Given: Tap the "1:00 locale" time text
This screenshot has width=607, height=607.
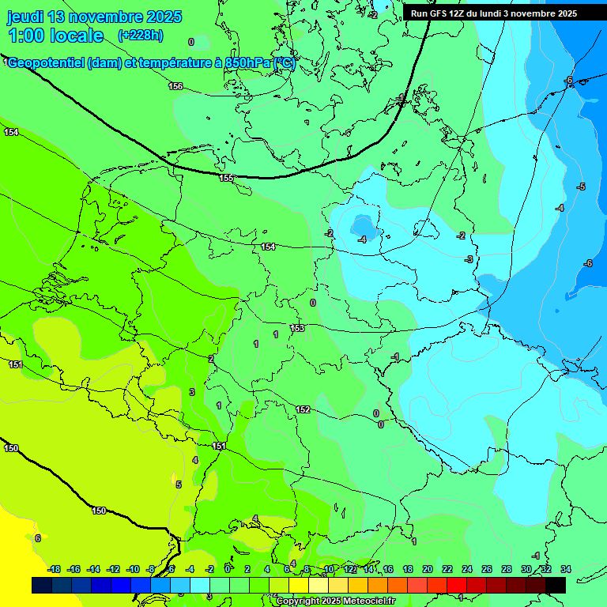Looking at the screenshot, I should (x=56, y=36).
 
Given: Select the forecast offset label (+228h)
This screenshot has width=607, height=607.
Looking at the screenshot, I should (x=140, y=36).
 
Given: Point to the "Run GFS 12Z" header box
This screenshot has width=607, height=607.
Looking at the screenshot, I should (x=493, y=13).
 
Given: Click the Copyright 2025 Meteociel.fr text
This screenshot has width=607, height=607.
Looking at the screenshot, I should (x=336, y=601).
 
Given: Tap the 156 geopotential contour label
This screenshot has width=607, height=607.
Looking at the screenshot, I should (x=175, y=86).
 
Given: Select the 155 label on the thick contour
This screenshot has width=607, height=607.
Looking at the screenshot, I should (x=227, y=178).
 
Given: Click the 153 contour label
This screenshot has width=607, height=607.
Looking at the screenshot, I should (x=297, y=328).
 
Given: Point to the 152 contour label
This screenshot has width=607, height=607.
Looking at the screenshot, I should (x=303, y=409).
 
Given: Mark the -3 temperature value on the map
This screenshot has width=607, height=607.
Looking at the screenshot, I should (x=469, y=259).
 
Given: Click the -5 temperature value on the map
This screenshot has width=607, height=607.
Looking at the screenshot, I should (x=581, y=187).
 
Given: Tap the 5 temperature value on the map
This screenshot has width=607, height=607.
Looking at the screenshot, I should (x=179, y=484).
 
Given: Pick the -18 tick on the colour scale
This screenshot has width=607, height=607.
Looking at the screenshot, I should (x=54, y=569).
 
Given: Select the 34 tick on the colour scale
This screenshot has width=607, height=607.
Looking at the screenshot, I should (x=565, y=569).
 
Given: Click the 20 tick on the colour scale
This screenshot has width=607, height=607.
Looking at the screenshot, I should (x=427, y=569).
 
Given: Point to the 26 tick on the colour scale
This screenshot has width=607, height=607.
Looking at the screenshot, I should (x=486, y=569).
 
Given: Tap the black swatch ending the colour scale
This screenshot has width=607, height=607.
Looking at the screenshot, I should (x=555, y=585).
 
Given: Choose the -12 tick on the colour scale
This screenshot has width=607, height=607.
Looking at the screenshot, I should (x=113, y=569).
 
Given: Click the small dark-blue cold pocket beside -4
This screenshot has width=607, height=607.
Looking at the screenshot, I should (x=364, y=222).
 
